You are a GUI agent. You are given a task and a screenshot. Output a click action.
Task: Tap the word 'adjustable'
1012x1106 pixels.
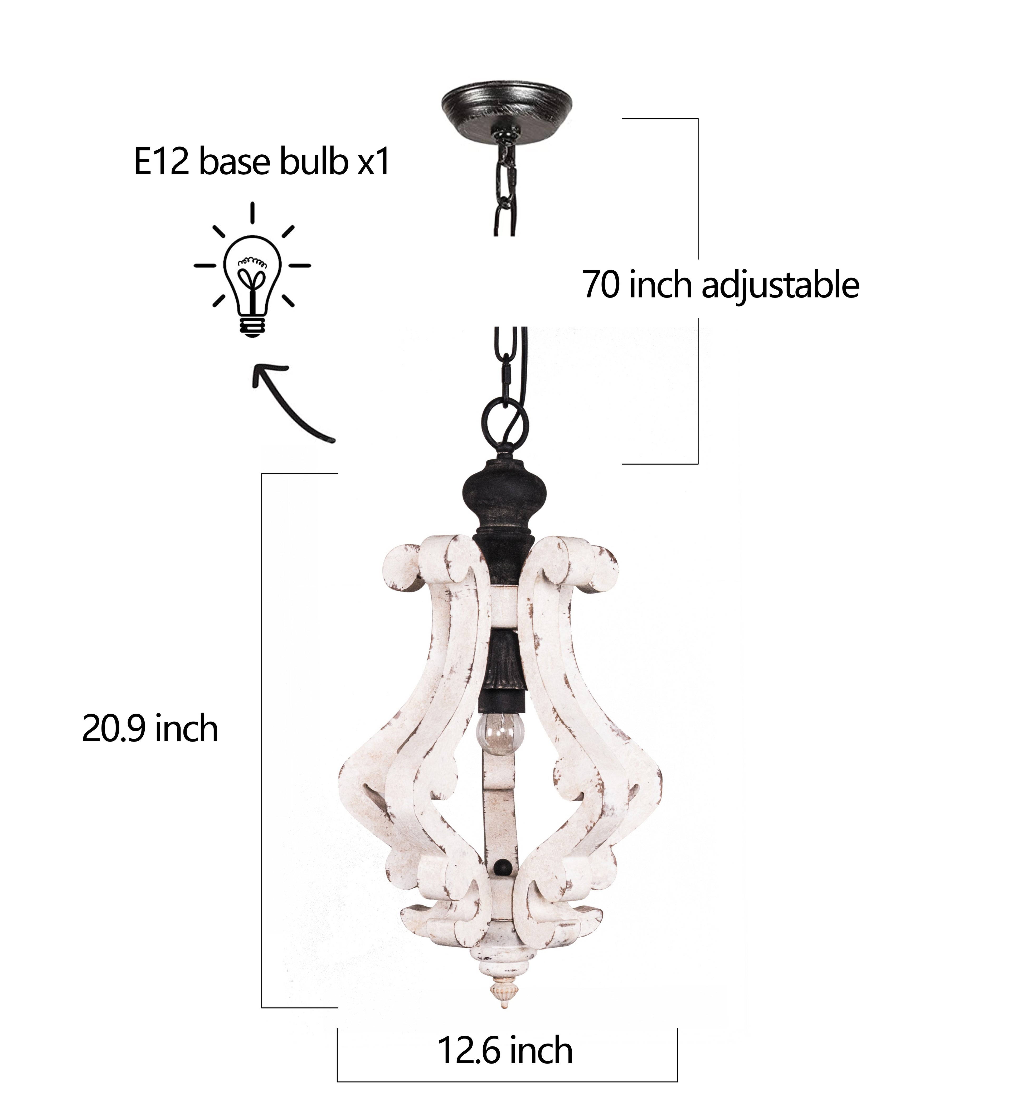pyautogui.click(x=780, y=285)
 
